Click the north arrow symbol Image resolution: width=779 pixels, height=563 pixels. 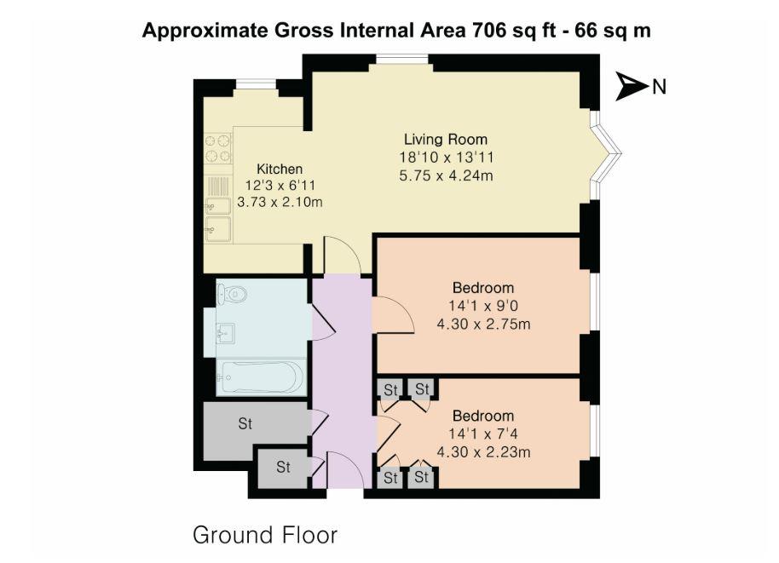click(632, 86)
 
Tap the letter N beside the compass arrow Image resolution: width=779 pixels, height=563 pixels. click(659, 86)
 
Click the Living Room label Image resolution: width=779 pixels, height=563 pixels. click(445, 140)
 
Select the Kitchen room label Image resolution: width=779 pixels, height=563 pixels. click(280, 169)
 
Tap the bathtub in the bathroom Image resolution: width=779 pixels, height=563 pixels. click(258, 376)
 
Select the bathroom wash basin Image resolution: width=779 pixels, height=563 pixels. click(226, 333)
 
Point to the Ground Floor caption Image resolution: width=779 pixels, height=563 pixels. click(265, 535)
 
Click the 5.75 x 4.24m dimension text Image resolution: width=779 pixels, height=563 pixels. click(445, 176)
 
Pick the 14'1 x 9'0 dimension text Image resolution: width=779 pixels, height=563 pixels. click(483, 306)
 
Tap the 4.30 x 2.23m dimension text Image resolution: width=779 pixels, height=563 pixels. click(483, 452)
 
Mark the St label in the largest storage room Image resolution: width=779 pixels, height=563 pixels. click(245, 423)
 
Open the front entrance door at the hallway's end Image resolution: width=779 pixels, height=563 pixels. click(345, 470)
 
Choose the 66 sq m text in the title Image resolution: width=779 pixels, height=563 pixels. click(611, 31)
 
